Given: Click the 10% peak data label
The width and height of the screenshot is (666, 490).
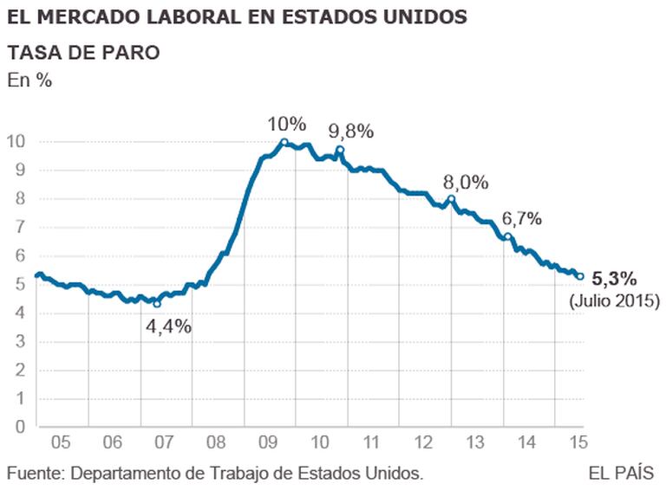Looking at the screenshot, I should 288,125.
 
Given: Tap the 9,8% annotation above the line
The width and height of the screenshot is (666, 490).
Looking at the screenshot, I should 350,132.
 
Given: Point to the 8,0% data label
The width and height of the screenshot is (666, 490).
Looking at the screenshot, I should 467,183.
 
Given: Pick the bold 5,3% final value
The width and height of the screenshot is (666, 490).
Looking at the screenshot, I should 614,279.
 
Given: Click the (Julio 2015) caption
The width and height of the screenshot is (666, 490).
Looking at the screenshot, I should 615,301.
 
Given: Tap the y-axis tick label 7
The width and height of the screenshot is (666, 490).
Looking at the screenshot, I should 20,227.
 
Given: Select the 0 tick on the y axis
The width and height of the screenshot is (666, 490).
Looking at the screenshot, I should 20,426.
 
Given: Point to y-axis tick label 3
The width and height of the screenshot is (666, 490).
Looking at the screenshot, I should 20,341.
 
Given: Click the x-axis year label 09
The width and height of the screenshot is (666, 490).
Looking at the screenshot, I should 271,443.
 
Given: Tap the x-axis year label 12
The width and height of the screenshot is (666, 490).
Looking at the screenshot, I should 424,443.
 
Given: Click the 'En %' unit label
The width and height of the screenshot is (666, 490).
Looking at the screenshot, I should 30,81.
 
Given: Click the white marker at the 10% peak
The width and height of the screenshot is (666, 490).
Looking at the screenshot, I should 284,142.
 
